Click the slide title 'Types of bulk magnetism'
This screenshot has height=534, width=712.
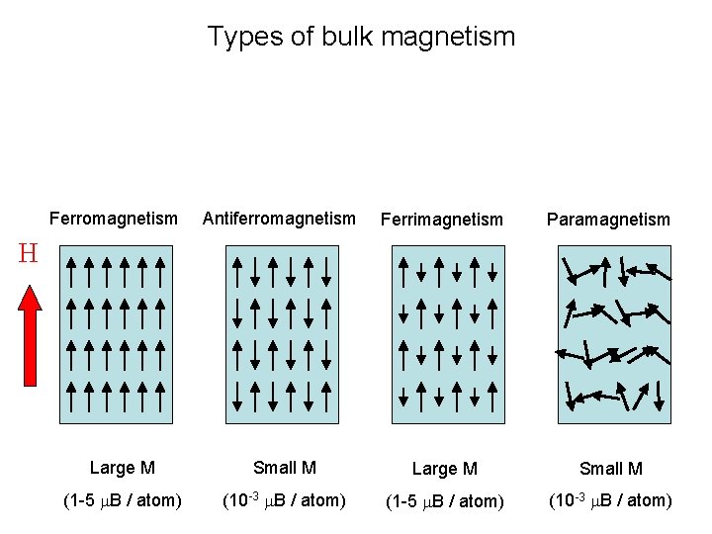(x=361, y=38)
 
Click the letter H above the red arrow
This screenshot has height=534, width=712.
(x=28, y=254)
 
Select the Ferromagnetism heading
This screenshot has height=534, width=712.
(x=114, y=219)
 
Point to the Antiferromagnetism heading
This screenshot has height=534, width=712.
(x=279, y=219)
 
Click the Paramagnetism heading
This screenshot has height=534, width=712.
(x=608, y=220)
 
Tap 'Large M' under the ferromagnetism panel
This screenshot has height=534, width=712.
(x=122, y=468)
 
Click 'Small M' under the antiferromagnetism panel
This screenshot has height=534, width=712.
(x=285, y=468)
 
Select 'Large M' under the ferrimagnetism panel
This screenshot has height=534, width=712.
(x=444, y=469)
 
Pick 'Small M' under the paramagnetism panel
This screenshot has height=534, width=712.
(x=611, y=469)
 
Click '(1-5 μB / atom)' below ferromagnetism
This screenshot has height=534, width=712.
(x=122, y=500)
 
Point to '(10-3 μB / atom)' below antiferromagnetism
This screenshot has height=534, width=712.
(x=284, y=500)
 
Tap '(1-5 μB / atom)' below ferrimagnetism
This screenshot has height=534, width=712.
(x=444, y=501)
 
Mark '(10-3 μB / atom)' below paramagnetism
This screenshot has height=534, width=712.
(x=610, y=500)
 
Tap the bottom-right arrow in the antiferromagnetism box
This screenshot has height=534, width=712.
(x=327, y=396)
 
